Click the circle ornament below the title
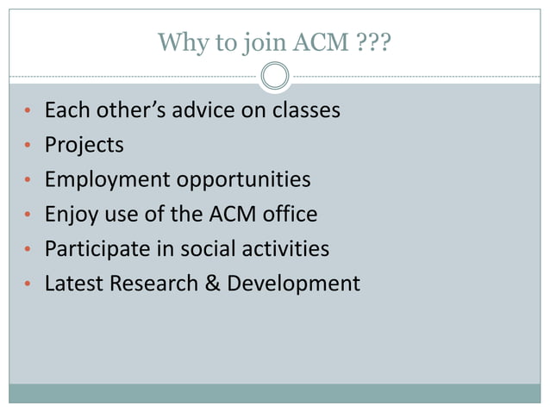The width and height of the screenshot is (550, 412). tap(275, 77)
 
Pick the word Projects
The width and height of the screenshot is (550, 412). tap(84, 146)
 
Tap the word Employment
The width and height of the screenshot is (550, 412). tap(108, 180)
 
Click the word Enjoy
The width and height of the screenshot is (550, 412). tap(72, 215)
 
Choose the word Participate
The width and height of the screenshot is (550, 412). tap(97, 249)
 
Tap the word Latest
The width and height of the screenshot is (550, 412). tap(73, 283)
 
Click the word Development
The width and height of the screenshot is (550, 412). tap(293, 284)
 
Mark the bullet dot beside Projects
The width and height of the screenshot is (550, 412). tap(27, 147)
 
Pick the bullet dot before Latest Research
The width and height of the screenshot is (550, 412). tap(27, 284)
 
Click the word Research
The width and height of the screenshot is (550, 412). tap(153, 283)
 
